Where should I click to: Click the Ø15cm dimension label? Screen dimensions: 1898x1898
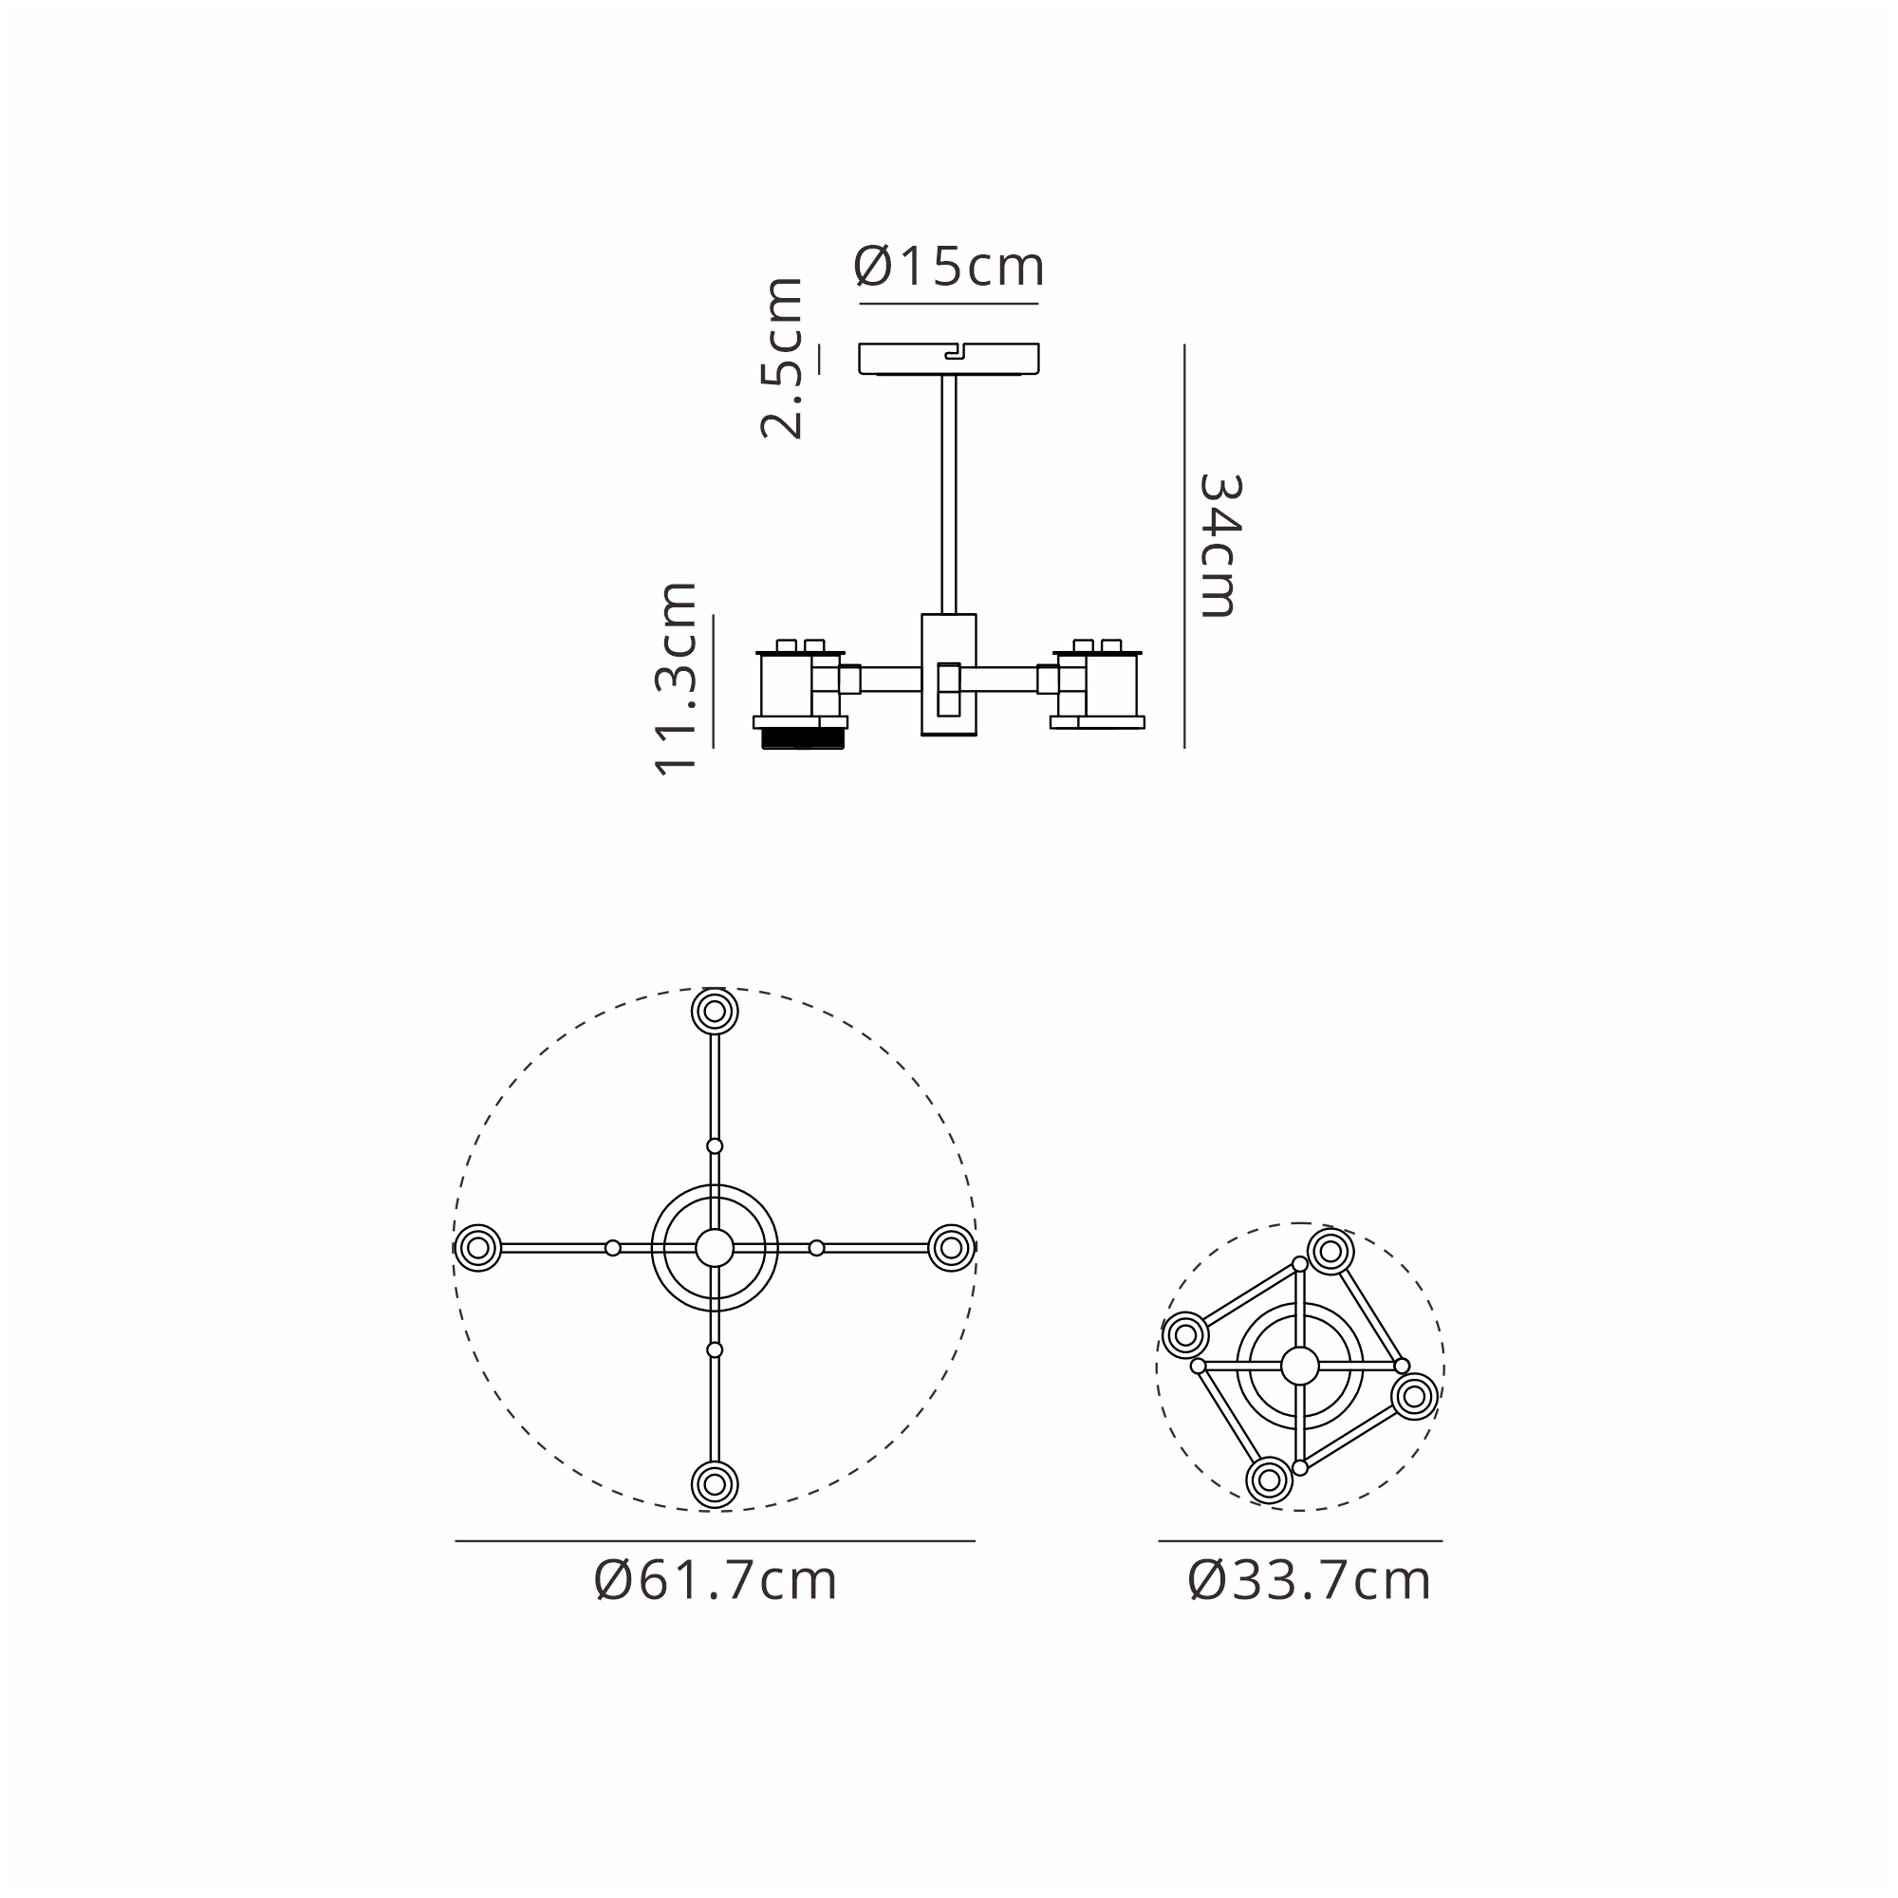point(948,267)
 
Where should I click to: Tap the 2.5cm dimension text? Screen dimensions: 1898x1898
point(782,358)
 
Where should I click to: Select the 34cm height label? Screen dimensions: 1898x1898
point(1220,546)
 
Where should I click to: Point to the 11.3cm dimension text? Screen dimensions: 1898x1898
point(676,679)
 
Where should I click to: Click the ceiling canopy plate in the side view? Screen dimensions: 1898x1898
point(948,359)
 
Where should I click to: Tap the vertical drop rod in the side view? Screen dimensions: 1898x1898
point(948,494)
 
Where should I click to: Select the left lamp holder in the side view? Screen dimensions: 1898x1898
point(800,694)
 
